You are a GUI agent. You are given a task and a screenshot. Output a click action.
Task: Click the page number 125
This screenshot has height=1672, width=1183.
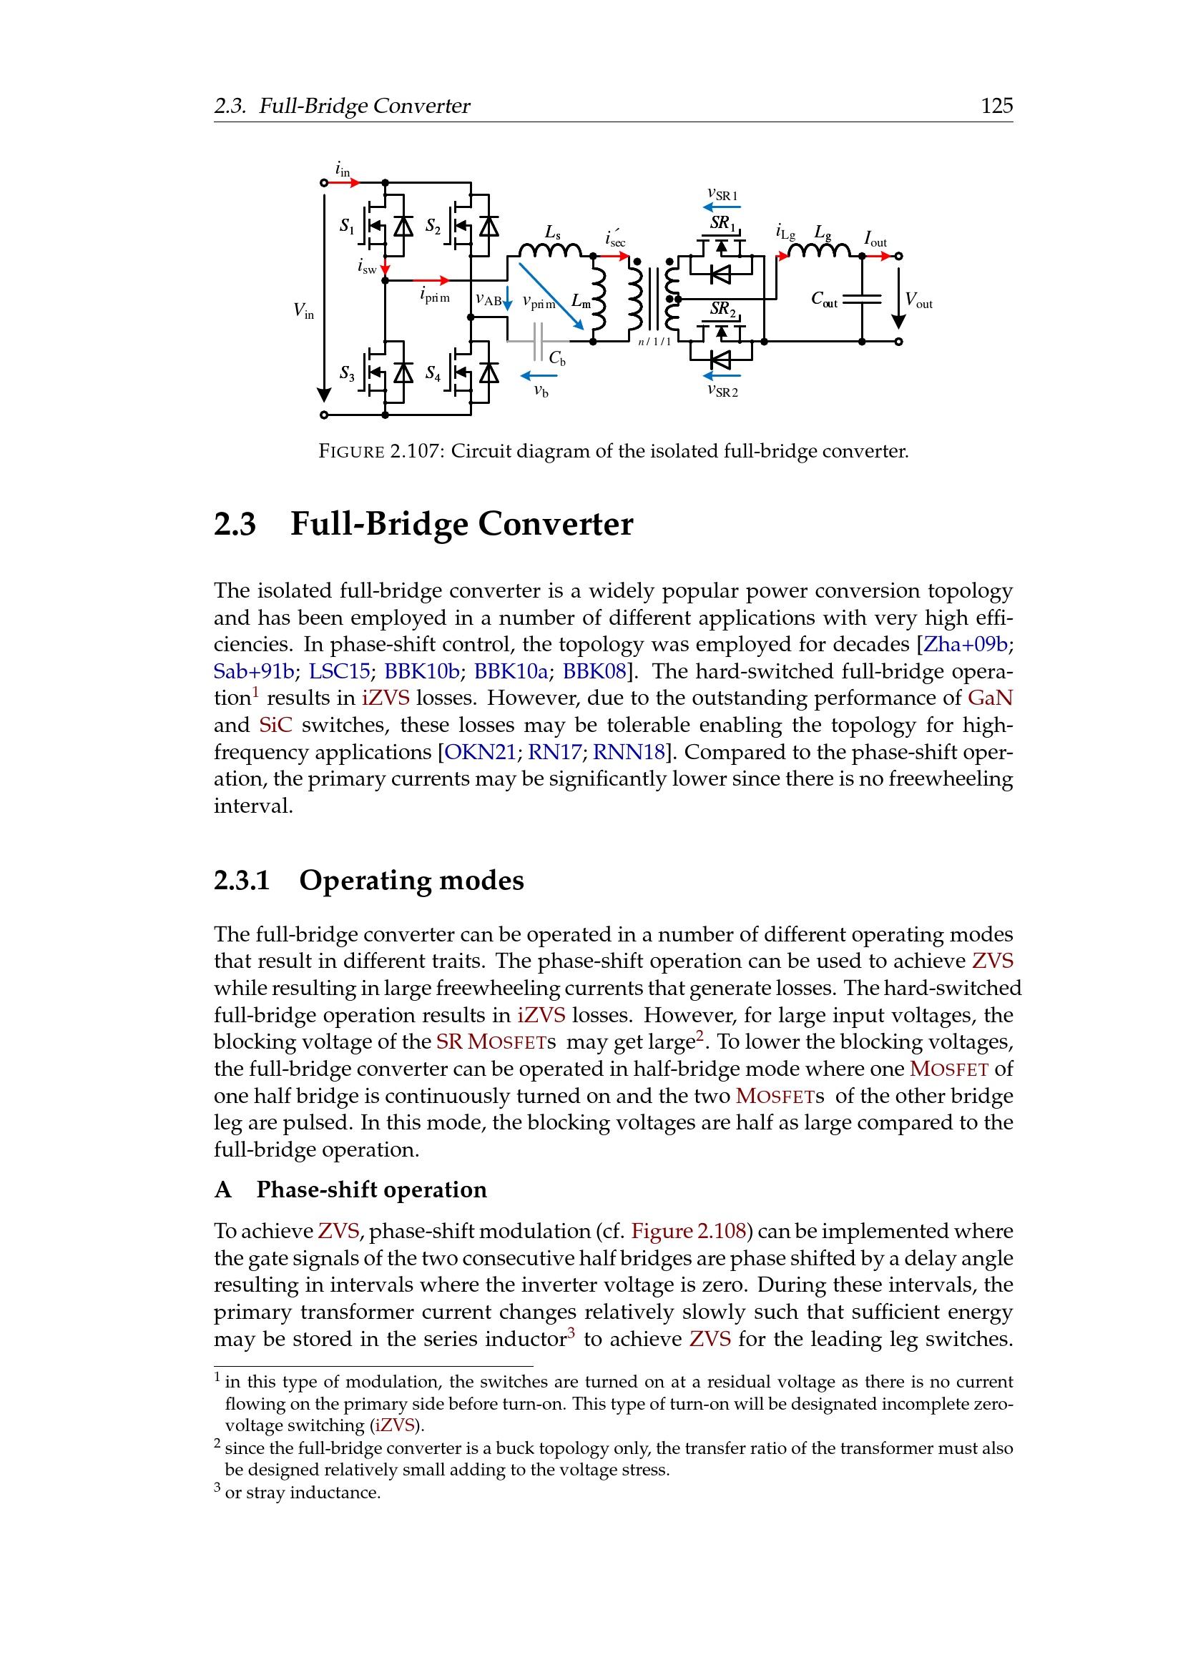996,106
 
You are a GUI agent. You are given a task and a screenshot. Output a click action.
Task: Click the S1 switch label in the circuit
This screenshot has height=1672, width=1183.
347,227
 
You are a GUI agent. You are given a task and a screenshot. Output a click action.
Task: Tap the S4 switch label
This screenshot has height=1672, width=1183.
433,374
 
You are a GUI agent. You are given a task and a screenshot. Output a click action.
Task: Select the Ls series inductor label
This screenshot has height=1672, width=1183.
553,232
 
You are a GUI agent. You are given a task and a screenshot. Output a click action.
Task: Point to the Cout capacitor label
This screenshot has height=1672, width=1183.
824,300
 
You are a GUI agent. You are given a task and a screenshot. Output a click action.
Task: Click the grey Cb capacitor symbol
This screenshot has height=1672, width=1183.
538,342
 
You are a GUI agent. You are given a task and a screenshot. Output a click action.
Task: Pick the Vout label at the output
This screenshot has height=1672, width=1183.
918,300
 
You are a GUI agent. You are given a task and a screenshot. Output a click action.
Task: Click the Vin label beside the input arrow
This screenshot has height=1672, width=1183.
304,310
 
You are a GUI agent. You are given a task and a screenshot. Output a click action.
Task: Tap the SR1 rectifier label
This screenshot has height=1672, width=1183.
722,223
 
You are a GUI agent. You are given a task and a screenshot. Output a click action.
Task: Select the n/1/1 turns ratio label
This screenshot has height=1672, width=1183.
654,342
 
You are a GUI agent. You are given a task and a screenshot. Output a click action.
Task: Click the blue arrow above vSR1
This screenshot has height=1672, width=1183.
722,207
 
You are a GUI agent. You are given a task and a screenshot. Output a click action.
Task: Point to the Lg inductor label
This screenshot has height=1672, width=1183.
823,232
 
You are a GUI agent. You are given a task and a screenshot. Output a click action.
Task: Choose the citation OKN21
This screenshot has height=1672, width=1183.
480,751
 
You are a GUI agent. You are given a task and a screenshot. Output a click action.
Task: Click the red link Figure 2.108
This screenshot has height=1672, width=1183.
688,1231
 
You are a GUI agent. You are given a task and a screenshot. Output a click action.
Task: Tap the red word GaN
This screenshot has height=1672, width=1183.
990,698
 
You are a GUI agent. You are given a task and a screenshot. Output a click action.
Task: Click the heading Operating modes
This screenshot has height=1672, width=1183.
411,880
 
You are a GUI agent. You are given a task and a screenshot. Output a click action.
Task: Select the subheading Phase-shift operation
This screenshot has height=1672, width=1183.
370,1189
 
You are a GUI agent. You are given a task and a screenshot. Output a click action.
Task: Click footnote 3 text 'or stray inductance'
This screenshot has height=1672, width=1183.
303,1492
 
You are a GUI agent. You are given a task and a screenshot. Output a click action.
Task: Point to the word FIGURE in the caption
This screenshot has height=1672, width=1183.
351,452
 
